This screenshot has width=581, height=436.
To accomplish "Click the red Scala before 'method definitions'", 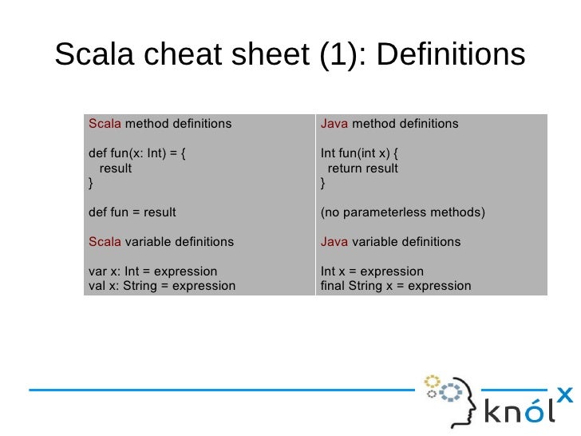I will click(104, 124).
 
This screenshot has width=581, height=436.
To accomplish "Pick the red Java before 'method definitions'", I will click(334, 124).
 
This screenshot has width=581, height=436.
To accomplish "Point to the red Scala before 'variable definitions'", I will click(104, 242).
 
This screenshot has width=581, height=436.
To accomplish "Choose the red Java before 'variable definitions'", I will click(334, 242).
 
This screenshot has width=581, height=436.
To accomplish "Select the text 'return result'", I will click(363, 168).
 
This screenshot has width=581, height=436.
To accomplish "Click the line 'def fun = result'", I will click(132, 212).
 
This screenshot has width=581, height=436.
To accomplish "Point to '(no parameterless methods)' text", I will click(402, 212).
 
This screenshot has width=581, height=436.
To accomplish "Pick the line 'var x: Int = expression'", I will click(152, 272).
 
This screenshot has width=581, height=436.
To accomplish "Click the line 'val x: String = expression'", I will click(161, 286).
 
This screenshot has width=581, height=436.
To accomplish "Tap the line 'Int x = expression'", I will click(372, 272).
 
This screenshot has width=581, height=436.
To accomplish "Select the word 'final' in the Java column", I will click(331, 286).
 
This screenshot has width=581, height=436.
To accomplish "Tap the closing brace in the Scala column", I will click(90, 183).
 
